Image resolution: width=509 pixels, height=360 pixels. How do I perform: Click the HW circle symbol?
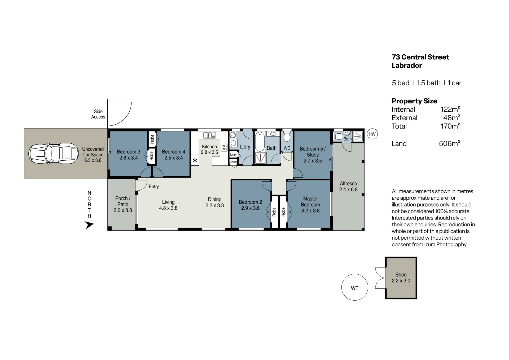click(x=372, y=134)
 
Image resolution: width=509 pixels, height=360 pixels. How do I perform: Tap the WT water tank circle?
click(x=355, y=287)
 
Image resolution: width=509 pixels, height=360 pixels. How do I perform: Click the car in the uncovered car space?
click(x=54, y=153)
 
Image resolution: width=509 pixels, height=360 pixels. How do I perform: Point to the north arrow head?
click(x=89, y=225)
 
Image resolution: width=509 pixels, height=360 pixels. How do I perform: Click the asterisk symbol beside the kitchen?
click(x=195, y=160)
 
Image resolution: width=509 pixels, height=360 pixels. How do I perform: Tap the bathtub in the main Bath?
click(x=260, y=142)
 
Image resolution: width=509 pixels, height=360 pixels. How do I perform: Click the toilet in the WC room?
click(x=287, y=136)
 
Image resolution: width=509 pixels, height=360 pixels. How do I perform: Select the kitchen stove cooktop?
click(x=224, y=148)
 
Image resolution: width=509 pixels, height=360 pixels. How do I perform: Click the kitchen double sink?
click(x=209, y=135)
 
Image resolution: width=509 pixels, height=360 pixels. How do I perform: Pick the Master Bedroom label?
click(x=310, y=202)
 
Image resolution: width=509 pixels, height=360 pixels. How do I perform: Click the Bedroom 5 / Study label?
click(x=313, y=152)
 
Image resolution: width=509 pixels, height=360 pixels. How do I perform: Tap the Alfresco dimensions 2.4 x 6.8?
click(x=348, y=190)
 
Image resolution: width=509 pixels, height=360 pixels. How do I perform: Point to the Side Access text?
click(x=98, y=114)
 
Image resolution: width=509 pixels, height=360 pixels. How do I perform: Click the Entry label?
click(x=154, y=187)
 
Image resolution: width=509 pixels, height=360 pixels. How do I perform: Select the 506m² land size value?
click(x=449, y=143)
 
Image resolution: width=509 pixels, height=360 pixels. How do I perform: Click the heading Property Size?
click(x=414, y=101)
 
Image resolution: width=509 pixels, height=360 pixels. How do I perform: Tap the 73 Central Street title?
click(x=420, y=57)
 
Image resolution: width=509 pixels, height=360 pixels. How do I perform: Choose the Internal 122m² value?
click(x=450, y=109)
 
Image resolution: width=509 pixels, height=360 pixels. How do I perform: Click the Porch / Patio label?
click(x=123, y=201)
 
